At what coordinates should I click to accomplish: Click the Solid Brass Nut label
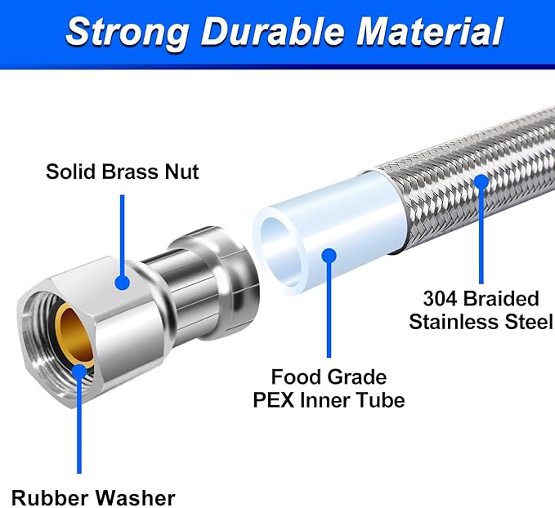coord(122,172)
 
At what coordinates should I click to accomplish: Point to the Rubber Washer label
coord(93,496)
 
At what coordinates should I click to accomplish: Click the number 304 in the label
coord(440,298)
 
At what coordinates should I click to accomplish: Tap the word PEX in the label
coord(297,400)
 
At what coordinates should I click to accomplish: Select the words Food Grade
coord(329,377)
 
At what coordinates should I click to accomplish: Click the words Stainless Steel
coord(481,321)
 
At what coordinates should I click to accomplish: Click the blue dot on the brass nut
coord(123,283)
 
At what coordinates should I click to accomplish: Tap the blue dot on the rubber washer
coord(79,372)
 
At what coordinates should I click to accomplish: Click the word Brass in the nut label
coord(128,172)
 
